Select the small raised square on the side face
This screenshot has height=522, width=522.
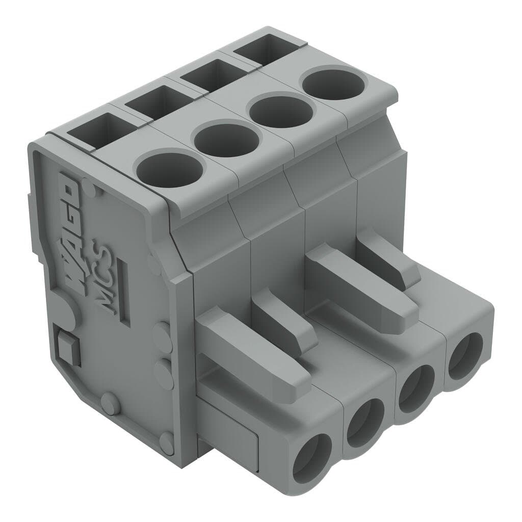pyautogui.click(x=67, y=346)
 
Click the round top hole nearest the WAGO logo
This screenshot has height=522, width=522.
pyautogui.click(x=171, y=169)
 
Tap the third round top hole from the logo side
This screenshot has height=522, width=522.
pyautogui.click(x=280, y=110)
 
